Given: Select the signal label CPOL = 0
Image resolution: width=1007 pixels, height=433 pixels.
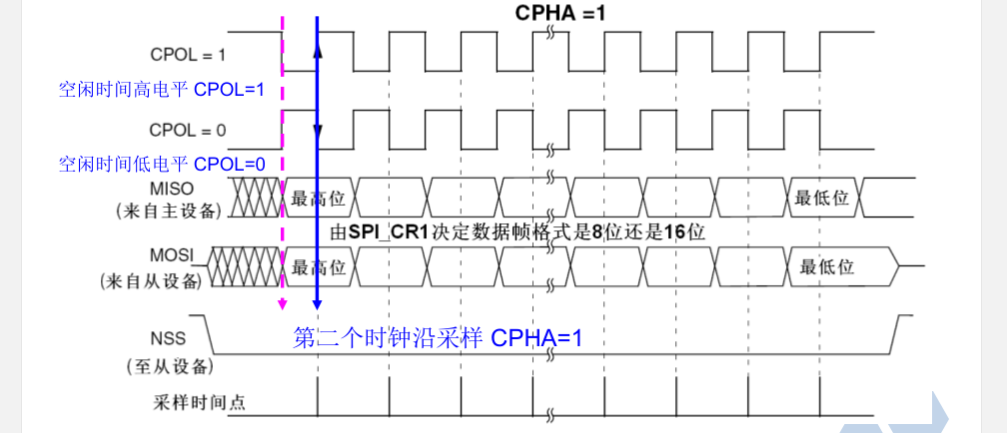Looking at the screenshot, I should (x=187, y=129).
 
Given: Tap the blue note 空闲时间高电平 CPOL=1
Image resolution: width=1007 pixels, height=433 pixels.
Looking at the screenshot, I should (x=161, y=90).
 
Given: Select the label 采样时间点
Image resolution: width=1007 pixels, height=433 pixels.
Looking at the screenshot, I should (x=200, y=403).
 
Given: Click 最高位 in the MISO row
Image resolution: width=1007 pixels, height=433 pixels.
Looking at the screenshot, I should (x=318, y=199).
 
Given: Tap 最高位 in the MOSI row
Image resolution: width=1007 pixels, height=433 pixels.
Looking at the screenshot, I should (x=318, y=267).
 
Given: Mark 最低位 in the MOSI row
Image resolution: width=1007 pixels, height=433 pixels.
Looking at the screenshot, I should (x=827, y=267).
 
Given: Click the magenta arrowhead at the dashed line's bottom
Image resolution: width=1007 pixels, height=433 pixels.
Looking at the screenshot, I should (x=283, y=305).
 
